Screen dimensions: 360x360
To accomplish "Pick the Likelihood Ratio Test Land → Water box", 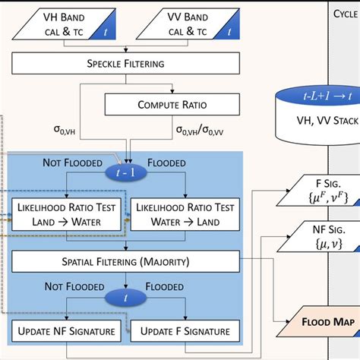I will (x=68, y=214).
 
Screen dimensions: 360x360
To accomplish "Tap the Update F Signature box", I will (x=185, y=330).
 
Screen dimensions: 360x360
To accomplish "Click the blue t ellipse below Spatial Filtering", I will (x=126, y=298).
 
